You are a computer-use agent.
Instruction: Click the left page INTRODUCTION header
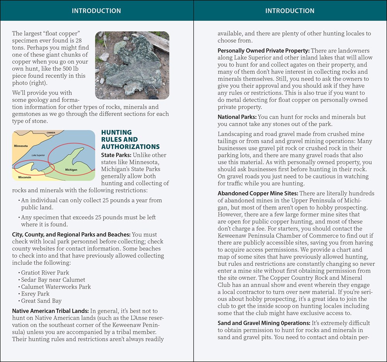[x=96, y=11]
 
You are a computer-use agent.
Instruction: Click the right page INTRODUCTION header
[x=290, y=11]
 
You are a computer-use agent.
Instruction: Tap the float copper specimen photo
[x=132, y=65]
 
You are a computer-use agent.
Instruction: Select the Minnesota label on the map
[x=21, y=146]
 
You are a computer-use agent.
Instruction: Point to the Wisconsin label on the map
[x=24, y=177]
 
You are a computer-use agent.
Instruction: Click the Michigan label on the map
[x=71, y=170]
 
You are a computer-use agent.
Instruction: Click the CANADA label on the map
[x=51, y=133]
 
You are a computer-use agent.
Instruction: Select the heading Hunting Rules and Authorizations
[x=130, y=139]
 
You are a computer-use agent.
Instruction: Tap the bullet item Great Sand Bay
[x=41, y=301]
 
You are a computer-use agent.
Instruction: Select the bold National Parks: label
[x=237, y=117]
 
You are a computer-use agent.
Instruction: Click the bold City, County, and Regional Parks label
[x=71, y=235]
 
